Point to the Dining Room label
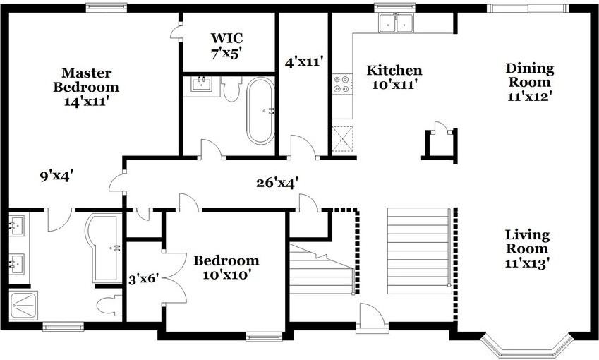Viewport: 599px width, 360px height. click(529, 83)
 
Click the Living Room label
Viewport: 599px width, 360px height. click(527, 249)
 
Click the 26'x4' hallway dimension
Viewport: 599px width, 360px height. click(277, 184)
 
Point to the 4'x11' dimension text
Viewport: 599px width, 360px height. click(303, 62)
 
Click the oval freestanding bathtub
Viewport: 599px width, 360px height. click(260, 111)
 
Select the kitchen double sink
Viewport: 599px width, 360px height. click(396, 24)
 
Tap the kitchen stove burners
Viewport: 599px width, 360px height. click(343, 85)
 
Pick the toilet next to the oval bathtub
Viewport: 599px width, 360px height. click(231, 90)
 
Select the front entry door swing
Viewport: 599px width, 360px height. click(371, 316)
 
